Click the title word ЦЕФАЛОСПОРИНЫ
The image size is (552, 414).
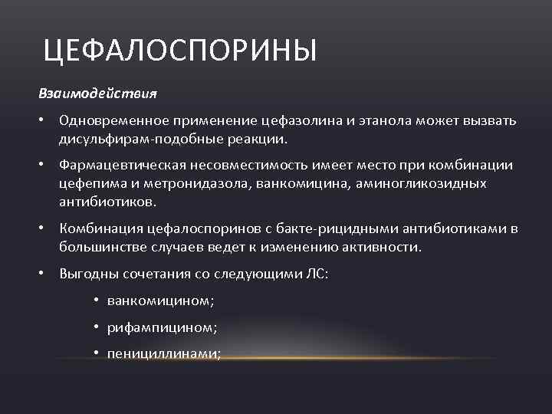(179, 53)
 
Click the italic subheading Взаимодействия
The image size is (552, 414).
(97, 94)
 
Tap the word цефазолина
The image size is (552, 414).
(297, 122)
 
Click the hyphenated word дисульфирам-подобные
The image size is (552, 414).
(145, 140)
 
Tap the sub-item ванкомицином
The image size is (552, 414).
(159, 301)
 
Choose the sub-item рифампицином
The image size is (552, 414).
(162, 327)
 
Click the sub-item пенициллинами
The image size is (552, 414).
(164, 353)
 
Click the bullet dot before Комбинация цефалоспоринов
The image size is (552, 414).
(46, 228)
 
